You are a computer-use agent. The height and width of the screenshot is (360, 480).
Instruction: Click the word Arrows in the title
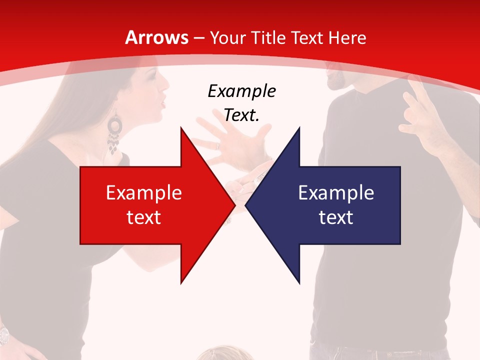(x=156, y=38)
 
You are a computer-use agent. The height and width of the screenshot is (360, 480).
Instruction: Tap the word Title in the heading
(x=268, y=38)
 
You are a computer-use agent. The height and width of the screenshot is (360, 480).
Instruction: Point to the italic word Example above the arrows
(x=241, y=91)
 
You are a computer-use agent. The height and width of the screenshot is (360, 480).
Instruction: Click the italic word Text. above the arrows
(x=241, y=115)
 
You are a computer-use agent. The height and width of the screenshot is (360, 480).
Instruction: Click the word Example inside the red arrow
(x=144, y=193)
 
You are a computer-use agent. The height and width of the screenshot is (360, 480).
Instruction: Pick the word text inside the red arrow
(x=144, y=217)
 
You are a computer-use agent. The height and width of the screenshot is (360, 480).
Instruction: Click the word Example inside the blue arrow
(x=336, y=193)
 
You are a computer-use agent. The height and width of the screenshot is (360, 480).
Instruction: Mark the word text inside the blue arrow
(x=336, y=217)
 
